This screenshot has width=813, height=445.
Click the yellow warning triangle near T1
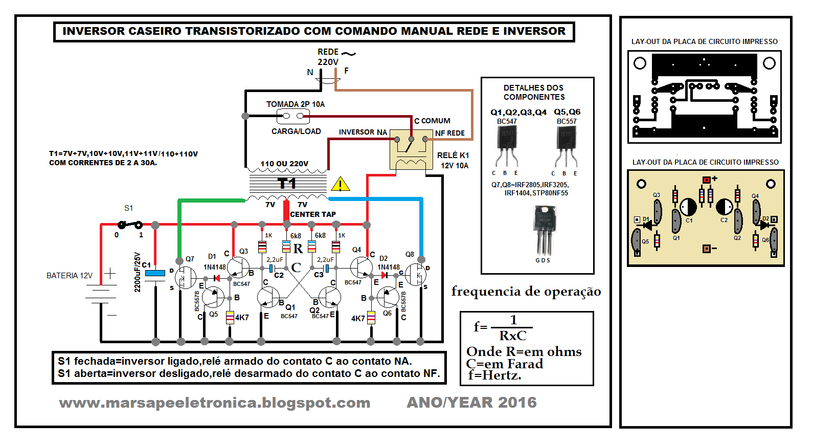[x=340, y=184]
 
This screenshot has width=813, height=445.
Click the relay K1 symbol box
[x=411, y=149]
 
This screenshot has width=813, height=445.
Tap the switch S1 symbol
[x=130, y=224]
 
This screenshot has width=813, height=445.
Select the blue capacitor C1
[x=155, y=274]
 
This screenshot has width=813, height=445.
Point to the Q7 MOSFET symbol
[x=185, y=278]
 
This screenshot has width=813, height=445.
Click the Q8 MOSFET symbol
[x=415, y=275]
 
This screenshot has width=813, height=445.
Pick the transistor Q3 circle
[x=238, y=268]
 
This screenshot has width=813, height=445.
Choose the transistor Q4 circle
[x=362, y=268]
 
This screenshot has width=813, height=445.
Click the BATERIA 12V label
[x=70, y=276]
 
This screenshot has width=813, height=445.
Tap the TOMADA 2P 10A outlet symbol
[x=293, y=116]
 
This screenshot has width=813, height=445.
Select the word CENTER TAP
[x=313, y=214]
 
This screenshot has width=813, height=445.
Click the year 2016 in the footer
[x=517, y=403]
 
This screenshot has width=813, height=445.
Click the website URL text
[x=215, y=403]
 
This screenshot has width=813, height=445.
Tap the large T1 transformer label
[x=287, y=183]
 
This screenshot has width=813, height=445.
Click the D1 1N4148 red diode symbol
[x=216, y=278]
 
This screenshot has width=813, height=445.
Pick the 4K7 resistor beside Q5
[x=230, y=317]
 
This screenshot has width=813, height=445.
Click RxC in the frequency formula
[x=513, y=336]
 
